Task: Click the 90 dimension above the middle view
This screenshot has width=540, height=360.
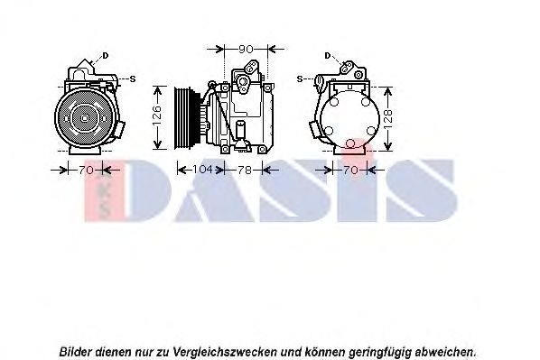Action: point(244,47)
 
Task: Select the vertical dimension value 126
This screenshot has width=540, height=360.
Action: point(156,115)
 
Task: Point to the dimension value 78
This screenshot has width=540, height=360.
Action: point(244,168)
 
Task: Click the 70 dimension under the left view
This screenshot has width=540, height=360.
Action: point(87,168)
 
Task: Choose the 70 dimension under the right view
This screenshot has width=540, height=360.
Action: point(350,168)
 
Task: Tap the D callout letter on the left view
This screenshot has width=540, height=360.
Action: point(106,56)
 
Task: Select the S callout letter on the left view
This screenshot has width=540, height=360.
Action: point(133,78)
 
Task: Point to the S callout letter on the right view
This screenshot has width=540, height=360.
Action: point(300,78)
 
